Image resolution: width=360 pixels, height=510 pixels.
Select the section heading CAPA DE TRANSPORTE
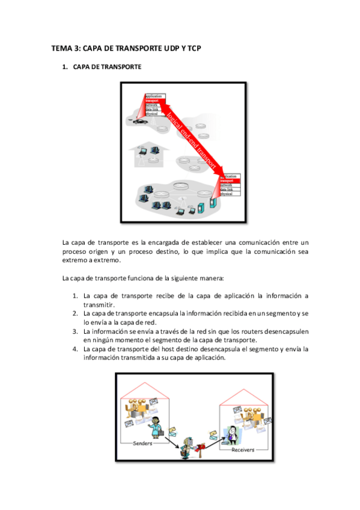coord(107,67)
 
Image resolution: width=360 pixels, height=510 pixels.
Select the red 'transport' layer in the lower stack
coord(230,180)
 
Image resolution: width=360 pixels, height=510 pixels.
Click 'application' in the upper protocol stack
coord(155,96)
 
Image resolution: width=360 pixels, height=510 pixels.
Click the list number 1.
coord(75,296)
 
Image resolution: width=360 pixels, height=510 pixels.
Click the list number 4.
coord(75,348)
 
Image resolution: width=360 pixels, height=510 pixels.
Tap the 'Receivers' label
coord(243,449)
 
